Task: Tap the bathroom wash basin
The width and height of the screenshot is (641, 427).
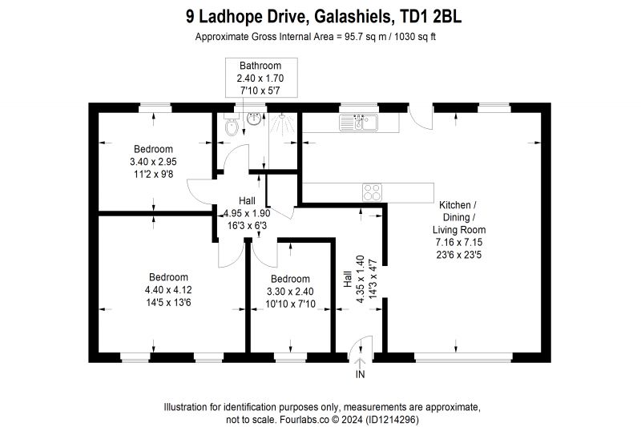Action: tap(254, 119)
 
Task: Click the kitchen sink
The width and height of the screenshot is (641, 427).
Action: tap(358, 123)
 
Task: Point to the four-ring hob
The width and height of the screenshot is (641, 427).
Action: tap(372, 192)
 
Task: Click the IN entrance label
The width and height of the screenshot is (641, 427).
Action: tap(360, 374)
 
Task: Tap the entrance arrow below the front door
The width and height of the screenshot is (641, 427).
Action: tap(360, 363)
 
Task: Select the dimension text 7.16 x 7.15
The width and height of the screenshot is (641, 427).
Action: tap(459, 242)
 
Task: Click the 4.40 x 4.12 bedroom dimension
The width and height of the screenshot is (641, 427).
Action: tap(168, 290)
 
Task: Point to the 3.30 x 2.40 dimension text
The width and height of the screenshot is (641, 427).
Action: tap(290, 292)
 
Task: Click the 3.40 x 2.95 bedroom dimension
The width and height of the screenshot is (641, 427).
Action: tap(153, 161)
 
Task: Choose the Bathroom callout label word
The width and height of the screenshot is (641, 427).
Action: tap(260, 66)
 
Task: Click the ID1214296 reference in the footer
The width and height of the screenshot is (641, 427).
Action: tap(393, 420)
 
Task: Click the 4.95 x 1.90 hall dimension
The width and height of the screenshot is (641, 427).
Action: tap(247, 213)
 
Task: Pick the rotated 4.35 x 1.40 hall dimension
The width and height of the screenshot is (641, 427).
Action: tap(360, 279)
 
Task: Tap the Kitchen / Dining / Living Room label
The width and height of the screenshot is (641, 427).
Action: tap(459, 217)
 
